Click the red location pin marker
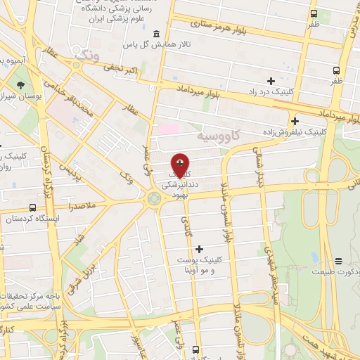click(x=180, y=165)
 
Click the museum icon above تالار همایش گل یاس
click(x=155, y=34)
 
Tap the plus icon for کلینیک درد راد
click(x=271, y=81)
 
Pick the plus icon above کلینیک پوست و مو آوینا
click(x=200, y=248)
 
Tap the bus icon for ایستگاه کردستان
click(x=32, y=207)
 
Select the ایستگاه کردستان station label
click(x=29, y=219)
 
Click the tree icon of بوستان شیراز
click(x=20, y=83)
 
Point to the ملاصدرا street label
click(x=82, y=206)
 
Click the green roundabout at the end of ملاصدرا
click(x=153, y=200)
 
